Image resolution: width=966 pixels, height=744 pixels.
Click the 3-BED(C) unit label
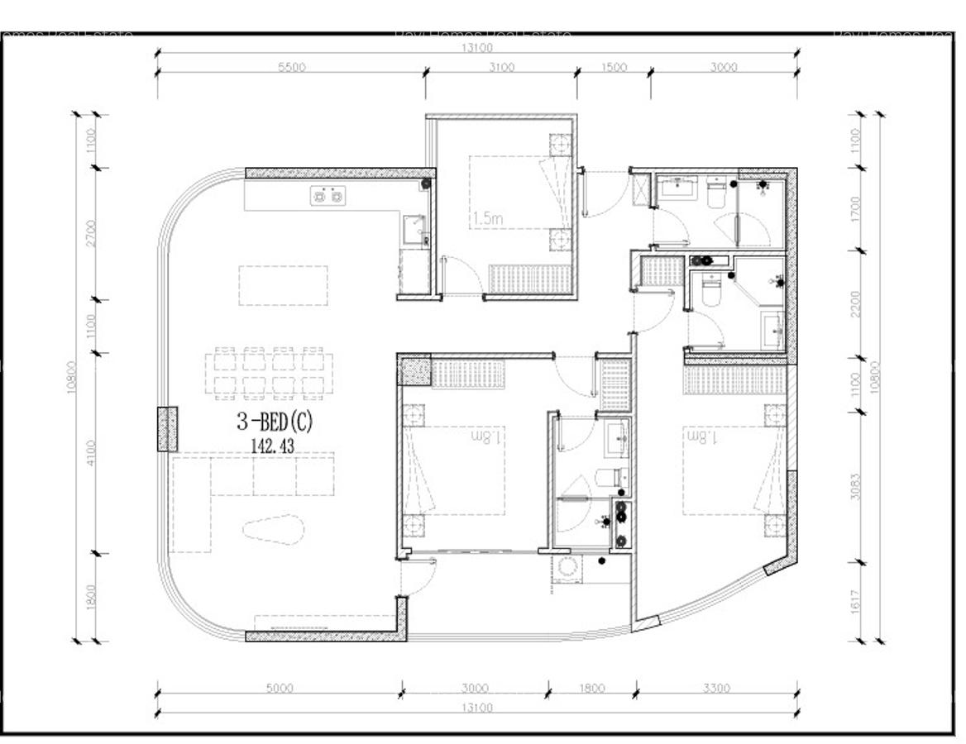(x=275, y=422)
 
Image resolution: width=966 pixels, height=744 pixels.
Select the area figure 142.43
(x=273, y=445)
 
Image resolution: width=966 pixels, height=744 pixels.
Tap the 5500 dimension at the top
(x=291, y=68)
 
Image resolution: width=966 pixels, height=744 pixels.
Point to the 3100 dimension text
(x=500, y=68)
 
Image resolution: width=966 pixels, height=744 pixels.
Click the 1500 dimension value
(x=614, y=68)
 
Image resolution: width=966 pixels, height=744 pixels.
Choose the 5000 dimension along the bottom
(x=280, y=688)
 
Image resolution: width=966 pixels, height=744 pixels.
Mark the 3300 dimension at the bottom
(x=716, y=688)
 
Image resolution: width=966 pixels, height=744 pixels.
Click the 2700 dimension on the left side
(x=91, y=233)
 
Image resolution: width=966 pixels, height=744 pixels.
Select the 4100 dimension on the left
(x=91, y=453)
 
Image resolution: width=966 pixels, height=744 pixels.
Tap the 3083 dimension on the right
(x=856, y=487)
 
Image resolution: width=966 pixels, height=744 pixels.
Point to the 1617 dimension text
(x=856, y=602)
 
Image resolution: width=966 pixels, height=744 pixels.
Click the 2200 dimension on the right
(x=856, y=303)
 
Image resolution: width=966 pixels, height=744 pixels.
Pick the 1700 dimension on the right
(x=856, y=209)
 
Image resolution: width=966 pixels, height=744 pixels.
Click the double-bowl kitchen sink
(x=327, y=196)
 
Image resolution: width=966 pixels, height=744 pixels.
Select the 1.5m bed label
(x=488, y=219)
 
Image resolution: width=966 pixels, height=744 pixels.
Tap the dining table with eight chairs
(x=267, y=373)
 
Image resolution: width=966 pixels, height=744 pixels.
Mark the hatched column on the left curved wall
(x=167, y=428)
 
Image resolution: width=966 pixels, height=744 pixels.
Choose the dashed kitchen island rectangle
(x=283, y=285)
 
